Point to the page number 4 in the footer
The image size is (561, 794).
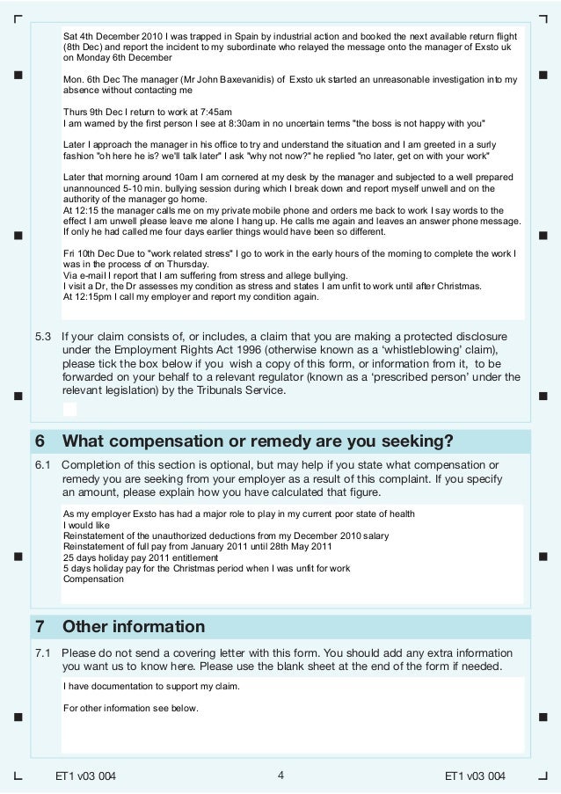(280, 775)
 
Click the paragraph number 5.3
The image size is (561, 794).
(43, 336)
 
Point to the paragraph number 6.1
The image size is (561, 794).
(43, 464)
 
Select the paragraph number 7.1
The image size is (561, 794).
(43, 653)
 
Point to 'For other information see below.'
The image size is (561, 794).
(132, 709)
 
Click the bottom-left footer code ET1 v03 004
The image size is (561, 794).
(85, 776)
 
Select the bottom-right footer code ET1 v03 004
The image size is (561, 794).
(475, 776)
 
